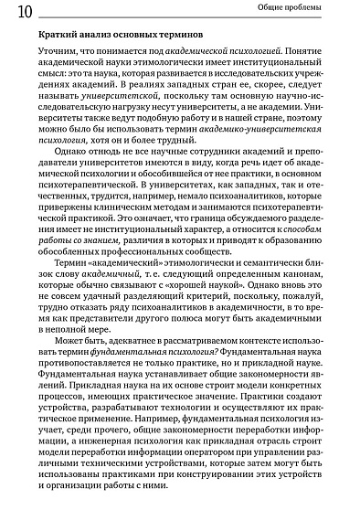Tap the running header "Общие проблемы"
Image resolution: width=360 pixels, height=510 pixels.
[x=311, y=10]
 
